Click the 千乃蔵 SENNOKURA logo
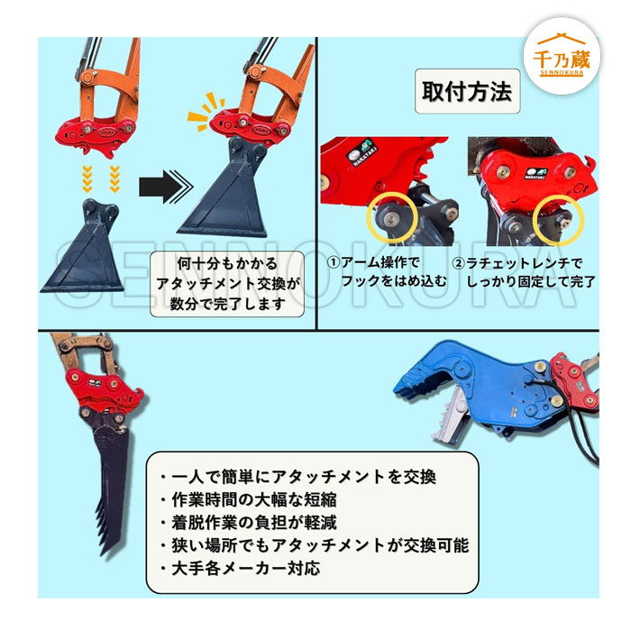click(x=562, y=56)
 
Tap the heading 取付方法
click(x=467, y=91)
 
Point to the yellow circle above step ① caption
click(x=392, y=217)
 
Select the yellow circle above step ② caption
click(x=558, y=221)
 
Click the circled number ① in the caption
click(x=334, y=263)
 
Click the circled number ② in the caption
click(x=459, y=264)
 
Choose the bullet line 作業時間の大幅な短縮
click(x=248, y=500)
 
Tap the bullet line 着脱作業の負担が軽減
click(x=248, y=523)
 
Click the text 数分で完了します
click(x=227, y=304)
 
